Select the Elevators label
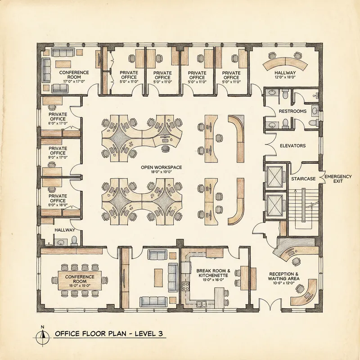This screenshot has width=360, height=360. pos(292,146)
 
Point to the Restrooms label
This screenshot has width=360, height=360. pos(292,111)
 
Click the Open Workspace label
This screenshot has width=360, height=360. pos(161,167)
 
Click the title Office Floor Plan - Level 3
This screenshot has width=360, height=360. pos(108,334)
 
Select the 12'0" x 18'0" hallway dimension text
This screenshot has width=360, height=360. pos(285,77)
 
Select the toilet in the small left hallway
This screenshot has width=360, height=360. pos(75,239)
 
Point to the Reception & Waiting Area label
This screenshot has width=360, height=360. pos(284,277)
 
